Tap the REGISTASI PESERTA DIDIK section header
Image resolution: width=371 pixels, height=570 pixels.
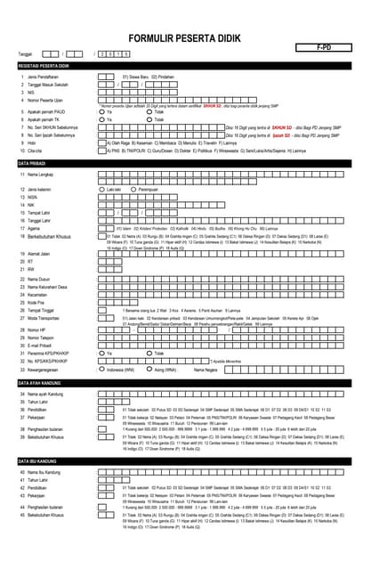[52, 67]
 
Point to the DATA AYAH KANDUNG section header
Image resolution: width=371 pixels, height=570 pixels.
[45, 381]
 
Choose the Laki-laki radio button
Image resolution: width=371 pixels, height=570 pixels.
[101, 190]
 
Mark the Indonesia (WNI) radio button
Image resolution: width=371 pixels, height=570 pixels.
[101, 368]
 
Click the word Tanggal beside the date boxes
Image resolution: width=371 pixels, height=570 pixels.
[25, 54]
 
